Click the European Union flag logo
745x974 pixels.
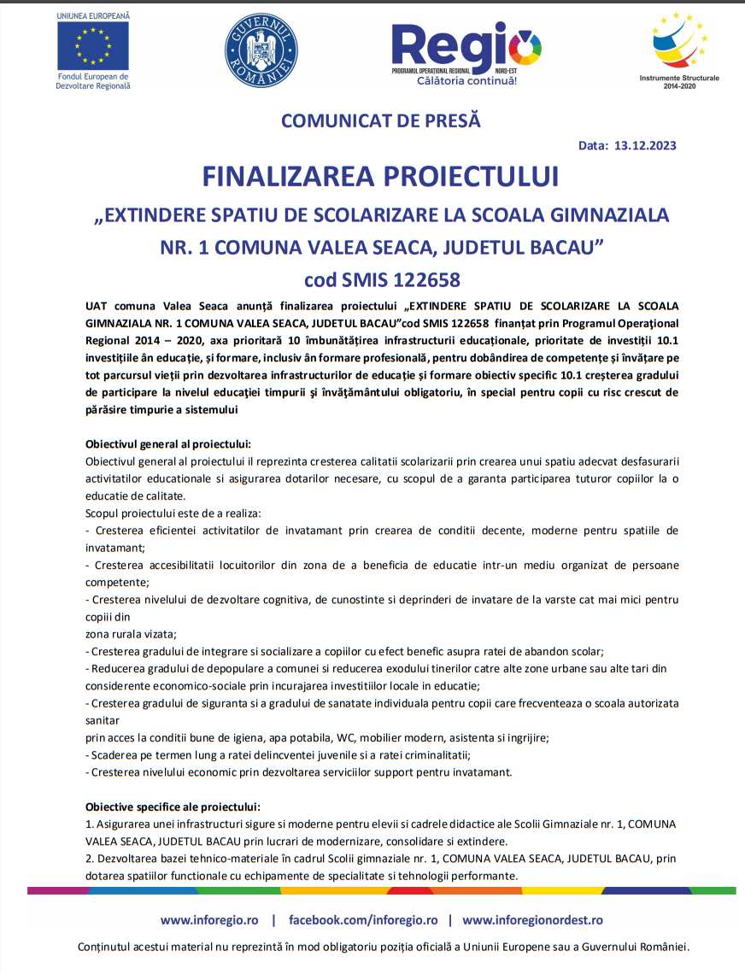point(93,45)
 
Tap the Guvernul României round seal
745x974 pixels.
point(261,49)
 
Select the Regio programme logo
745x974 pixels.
point(466,47)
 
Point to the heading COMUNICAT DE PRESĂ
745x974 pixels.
point(381,120)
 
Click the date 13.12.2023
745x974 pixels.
point(645,145)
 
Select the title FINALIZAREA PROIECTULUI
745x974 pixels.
point(380,176)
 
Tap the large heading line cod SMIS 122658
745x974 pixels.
point(381,279)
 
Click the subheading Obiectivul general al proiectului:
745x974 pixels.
point(168,443)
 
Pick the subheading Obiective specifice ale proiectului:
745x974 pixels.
point(173,807)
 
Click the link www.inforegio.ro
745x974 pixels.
point(209,920)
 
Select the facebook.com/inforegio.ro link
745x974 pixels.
point(363,920)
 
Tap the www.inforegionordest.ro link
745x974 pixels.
point(532,920)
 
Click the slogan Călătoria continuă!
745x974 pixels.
point(466,81)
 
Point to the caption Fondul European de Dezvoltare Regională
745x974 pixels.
point(93,81)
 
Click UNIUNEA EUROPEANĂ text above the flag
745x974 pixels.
point(93,16)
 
